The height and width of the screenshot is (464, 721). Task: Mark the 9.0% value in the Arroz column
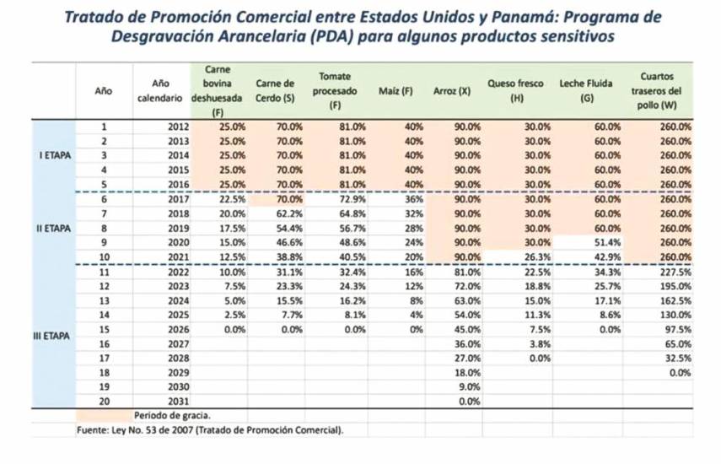click(467, 387)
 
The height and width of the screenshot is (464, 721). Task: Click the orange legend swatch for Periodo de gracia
click(102, 416)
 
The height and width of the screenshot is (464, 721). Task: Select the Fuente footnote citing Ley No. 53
click(210, 430)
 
